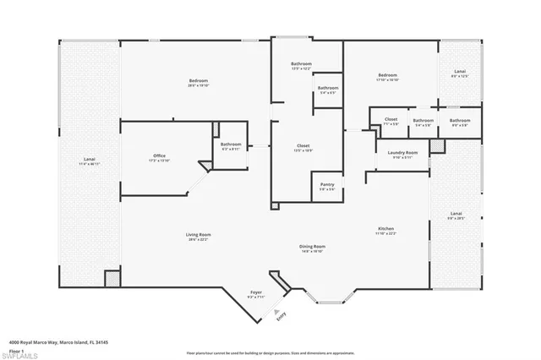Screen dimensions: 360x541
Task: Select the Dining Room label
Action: (313, 248)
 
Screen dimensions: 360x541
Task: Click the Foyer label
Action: (256, 295)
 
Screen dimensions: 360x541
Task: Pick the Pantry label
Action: (326, 186)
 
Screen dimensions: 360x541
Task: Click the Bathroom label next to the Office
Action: (231, 145)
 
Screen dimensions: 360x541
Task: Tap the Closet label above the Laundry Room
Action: (391, 121)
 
